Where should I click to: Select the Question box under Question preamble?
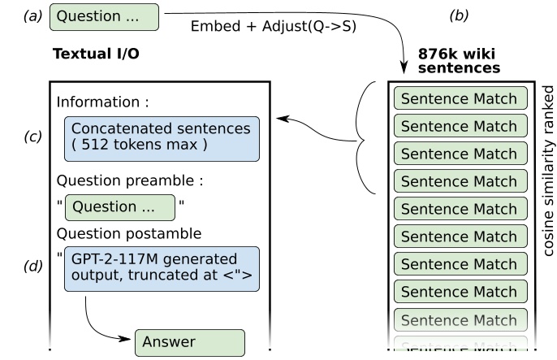(119, 207)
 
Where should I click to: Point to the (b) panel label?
(460, 15)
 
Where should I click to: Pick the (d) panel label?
(32, 266)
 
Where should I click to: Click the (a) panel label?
(32, 15)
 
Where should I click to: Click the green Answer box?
(189, 342)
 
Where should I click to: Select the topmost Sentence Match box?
(459, 99)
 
